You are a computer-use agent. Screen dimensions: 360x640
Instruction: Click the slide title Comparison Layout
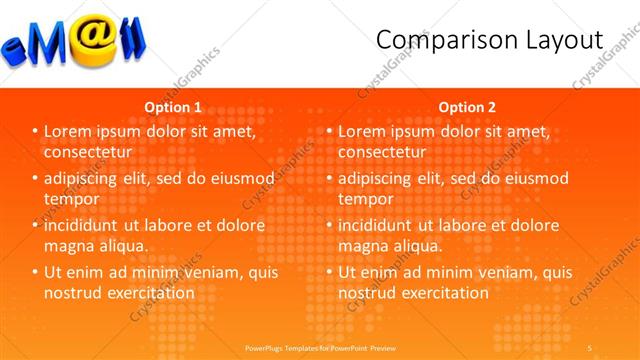489,40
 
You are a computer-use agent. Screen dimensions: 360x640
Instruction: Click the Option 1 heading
173,106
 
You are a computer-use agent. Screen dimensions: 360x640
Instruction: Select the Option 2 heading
466,106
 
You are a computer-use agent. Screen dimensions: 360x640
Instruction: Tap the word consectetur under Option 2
382,152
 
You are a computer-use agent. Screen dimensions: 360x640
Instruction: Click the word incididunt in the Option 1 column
83,225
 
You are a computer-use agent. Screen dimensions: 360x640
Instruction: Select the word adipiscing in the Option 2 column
378,178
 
